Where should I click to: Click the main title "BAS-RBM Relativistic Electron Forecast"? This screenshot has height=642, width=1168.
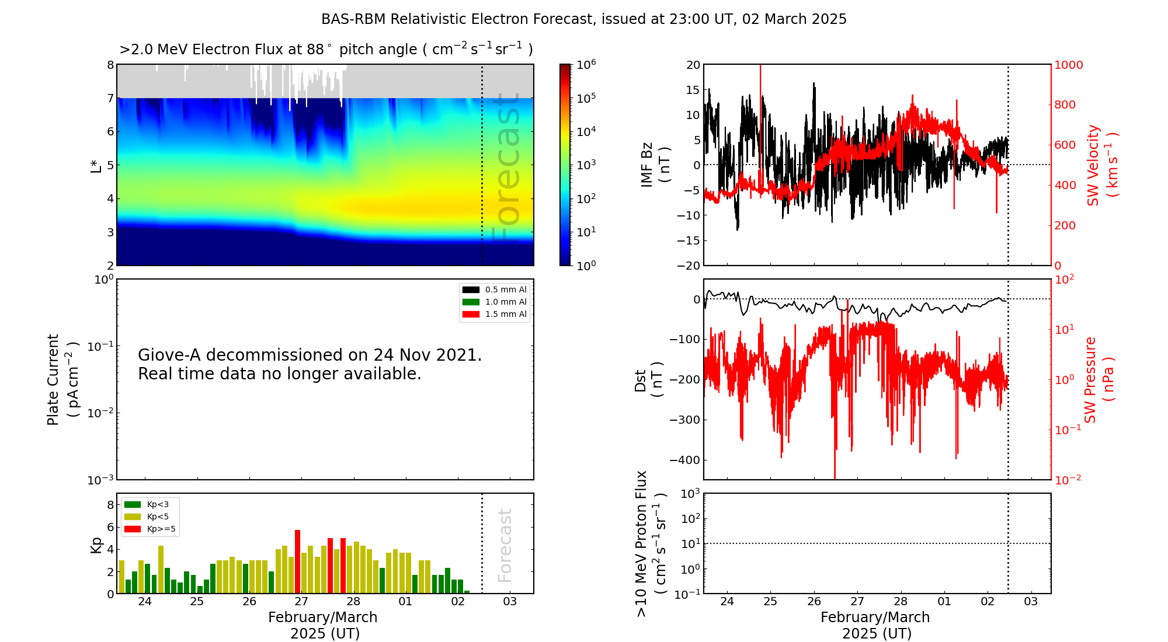457,19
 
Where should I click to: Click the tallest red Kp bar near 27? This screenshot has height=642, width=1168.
297,561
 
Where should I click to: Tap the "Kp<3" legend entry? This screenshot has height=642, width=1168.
147,504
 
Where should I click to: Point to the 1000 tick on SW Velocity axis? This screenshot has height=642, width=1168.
1068,65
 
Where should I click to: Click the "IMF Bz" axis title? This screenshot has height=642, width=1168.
646,165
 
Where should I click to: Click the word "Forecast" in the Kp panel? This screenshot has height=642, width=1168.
505,545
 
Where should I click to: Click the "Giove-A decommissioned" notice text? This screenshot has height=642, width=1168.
310,364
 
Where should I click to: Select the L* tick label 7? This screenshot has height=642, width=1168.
110,98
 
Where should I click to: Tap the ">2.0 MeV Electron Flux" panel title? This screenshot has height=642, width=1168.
326,49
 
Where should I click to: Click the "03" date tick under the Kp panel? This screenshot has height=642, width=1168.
510,602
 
